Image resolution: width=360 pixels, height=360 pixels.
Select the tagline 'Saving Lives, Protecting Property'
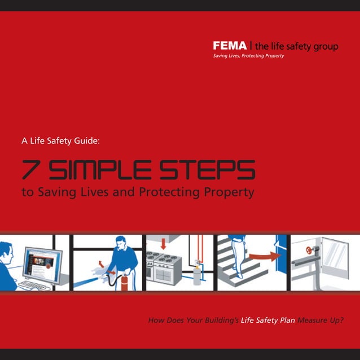coord(248,56)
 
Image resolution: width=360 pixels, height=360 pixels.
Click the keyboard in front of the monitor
coord(34,285)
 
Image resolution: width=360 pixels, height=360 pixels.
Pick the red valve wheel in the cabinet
coord(309,249)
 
